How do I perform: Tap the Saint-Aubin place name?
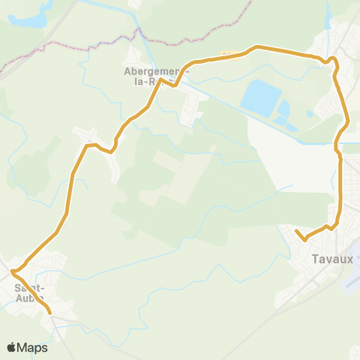pyautogui.click(x=29, y=292)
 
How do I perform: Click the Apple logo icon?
pyautogui.click(x=11, y=347)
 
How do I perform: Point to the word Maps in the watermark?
pyautogui.click(x=33, y=347)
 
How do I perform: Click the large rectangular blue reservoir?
pyautogui.click(x=260, y=97)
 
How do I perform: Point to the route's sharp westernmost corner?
pyautogui.click(x=12, y=271)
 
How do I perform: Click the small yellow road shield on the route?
pyautogui.click(x=227, y=54)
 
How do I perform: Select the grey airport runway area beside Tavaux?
pyautogui.click(x=350, y=281)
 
